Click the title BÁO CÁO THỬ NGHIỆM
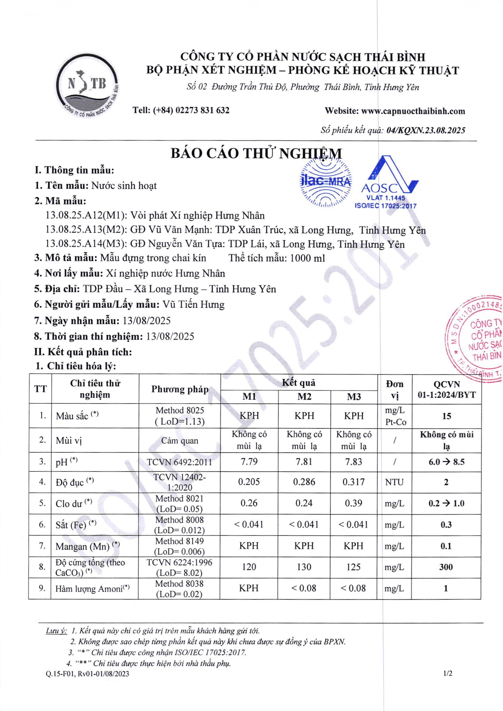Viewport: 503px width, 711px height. [256, 153]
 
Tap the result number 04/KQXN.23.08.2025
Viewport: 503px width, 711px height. [426, 130]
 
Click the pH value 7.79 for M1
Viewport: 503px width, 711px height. [249, 462]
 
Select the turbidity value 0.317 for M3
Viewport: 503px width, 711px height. [353, 482]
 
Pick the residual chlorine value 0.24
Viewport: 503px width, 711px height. [304, 503]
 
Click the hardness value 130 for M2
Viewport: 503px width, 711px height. [304, 567]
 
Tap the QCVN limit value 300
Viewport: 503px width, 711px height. [446, 567]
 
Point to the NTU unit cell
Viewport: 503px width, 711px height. [394, 482]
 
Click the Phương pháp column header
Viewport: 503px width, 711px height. [180, 389]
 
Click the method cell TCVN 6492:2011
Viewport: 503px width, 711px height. [180, 462]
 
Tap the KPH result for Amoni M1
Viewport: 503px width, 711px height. [249, 588]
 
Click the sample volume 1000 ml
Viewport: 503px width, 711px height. [307, 258]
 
